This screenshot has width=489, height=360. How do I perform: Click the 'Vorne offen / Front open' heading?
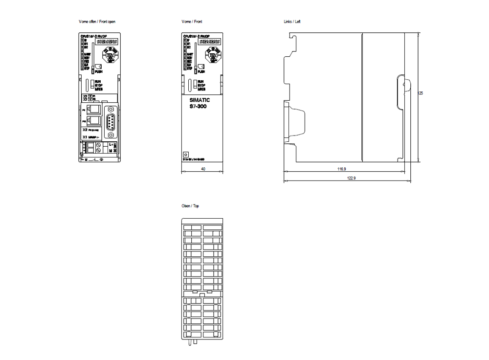click(x=97, y=22)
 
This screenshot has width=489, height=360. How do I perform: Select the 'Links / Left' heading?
click(x=291, y=22)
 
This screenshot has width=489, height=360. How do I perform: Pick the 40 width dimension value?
click(x=202, y=168)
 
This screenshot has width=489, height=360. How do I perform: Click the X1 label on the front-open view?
click(x=85, y=137)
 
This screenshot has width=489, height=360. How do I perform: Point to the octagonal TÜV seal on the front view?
click(x=214, y=56)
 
